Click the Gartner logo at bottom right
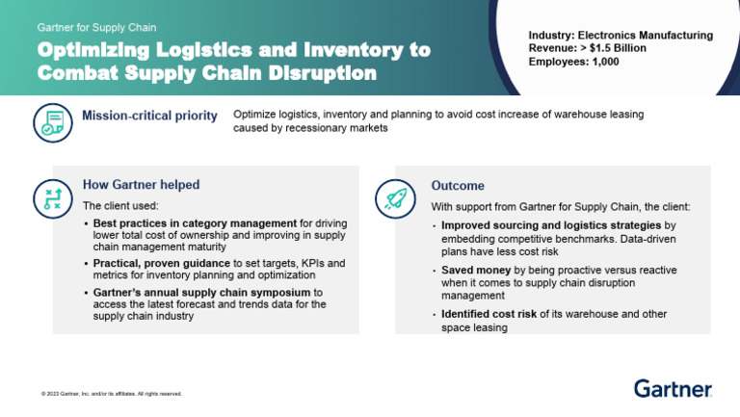673,388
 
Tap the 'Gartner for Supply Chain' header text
96,28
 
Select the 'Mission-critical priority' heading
149,117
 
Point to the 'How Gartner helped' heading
141,185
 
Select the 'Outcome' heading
458,186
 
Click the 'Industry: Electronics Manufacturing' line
621,36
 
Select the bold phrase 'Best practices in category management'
194,223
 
